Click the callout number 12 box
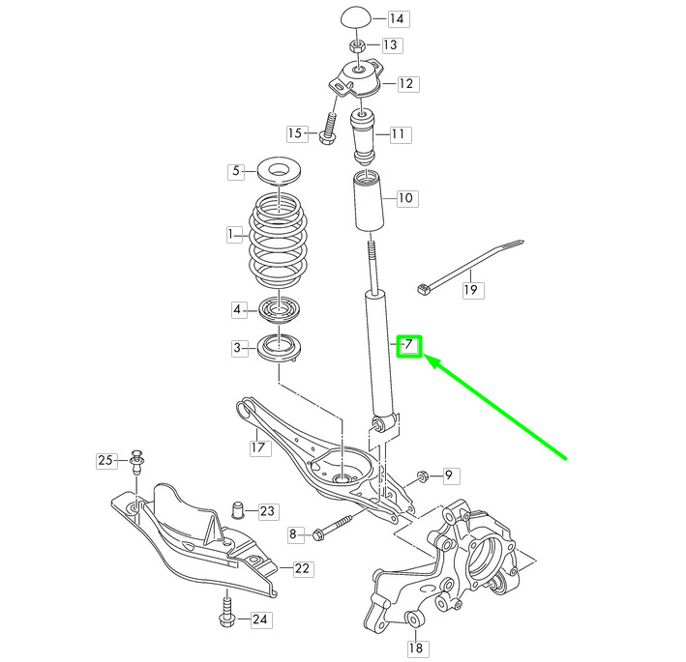(405, 84)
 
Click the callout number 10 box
(404, 198)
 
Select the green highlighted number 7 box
(408, 344)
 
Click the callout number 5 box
(236, 172)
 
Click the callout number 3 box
(236, 348)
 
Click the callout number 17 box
(257, 447)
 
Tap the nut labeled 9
(424, 475)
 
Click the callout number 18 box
(415, 648)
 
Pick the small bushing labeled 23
(236, 508)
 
